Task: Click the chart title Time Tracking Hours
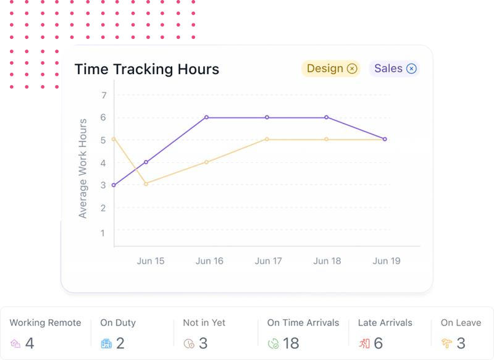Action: pos(147,69)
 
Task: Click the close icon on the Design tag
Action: pos(352,69)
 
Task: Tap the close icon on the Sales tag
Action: pos(411,69)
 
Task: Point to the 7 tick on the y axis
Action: pos(104,95)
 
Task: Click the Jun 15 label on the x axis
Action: pos(151,261)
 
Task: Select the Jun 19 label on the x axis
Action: pos(387,261)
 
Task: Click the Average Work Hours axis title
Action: pos(83,168)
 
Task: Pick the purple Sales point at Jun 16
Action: pos(207,117)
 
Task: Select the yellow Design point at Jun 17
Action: pos(267,140)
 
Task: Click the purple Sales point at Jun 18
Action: pos(326,117)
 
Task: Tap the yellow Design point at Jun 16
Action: pos(207,162)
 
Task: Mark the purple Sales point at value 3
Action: pos(114,185)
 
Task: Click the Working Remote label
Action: pos(45,323)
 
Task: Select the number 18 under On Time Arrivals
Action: pos(291,343)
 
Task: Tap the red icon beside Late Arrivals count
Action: pos(364,343)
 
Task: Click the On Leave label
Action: pos(461,323)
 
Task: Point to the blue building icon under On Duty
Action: pos(106,343)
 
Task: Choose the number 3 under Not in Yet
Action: pos(203,343)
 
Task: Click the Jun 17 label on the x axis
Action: pos(269,261)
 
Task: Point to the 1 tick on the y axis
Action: pos(104,233)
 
